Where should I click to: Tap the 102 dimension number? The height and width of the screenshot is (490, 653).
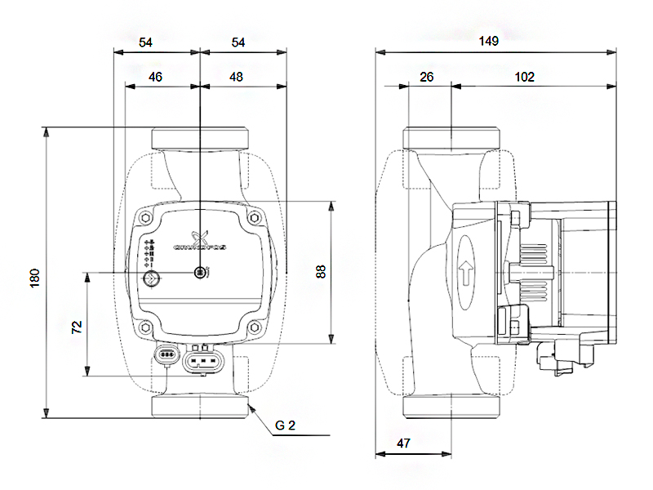tap(525, 77)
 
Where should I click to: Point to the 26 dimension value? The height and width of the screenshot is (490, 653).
tap(427, 77)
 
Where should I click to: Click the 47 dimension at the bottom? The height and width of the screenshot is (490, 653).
tap(402, 443)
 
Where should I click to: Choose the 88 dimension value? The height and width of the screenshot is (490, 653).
tap(321, 271)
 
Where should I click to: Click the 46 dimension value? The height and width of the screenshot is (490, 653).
tap(155, 77)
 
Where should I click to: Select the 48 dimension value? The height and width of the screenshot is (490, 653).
tap(237, 77)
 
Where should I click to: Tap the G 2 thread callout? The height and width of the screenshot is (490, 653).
tap(285, 425)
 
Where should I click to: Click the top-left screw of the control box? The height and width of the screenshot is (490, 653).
tap(145, 218)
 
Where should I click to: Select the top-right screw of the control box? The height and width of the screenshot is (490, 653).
tap(255, 218)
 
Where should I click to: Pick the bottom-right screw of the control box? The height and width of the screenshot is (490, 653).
tap(255, 327)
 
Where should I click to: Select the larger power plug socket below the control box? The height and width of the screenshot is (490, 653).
tap(202, 359)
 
